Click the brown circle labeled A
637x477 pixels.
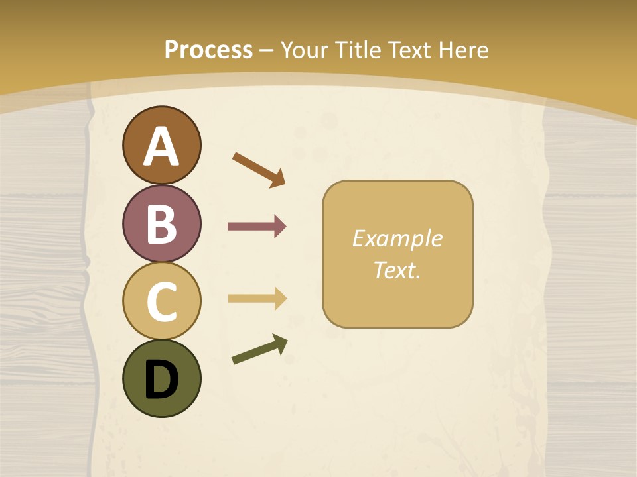[x=161, y=145]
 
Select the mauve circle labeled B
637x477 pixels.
[x=161, y=223]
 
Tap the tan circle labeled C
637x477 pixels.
[x=161, y=301]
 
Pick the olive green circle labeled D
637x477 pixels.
[x=161, y=378]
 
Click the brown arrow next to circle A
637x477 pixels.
[x=258, y=168]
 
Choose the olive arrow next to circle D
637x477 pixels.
[x=259, y=349]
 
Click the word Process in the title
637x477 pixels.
[x=208, y=50]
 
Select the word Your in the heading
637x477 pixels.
[x=305, y=50]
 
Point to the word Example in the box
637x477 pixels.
[x=397, y=238]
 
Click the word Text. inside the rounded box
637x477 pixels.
[x=397, y=270]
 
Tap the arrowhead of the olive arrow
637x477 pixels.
[x=281, y=343]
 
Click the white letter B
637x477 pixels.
[x=161, y=223]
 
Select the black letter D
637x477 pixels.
[x=161, y=379]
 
